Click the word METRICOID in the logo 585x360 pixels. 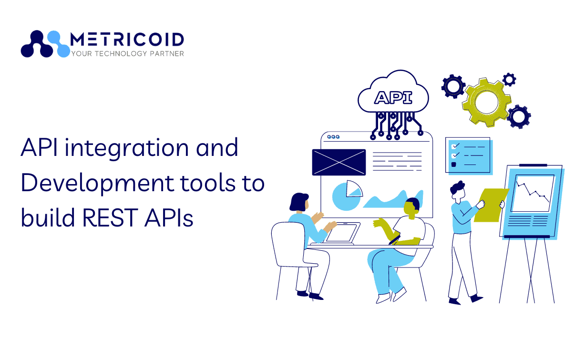tap(127, 40)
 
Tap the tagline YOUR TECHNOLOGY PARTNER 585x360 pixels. tap(128, 53)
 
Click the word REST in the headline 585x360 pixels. tap(110, 217)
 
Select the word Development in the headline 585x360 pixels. tap(97, 184)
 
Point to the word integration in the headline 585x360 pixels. tap(127, 148)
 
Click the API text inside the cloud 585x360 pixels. tap(393, 97)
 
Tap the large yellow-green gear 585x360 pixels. tap(486, 103)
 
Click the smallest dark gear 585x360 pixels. tap(509, 80)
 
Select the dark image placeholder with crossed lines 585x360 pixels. tap(339, 162)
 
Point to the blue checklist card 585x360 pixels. tap(469, 156)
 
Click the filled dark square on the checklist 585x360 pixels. tap(453, 165)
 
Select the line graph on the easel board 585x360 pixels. tap(533, 193)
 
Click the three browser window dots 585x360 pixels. tap(333, 137)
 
